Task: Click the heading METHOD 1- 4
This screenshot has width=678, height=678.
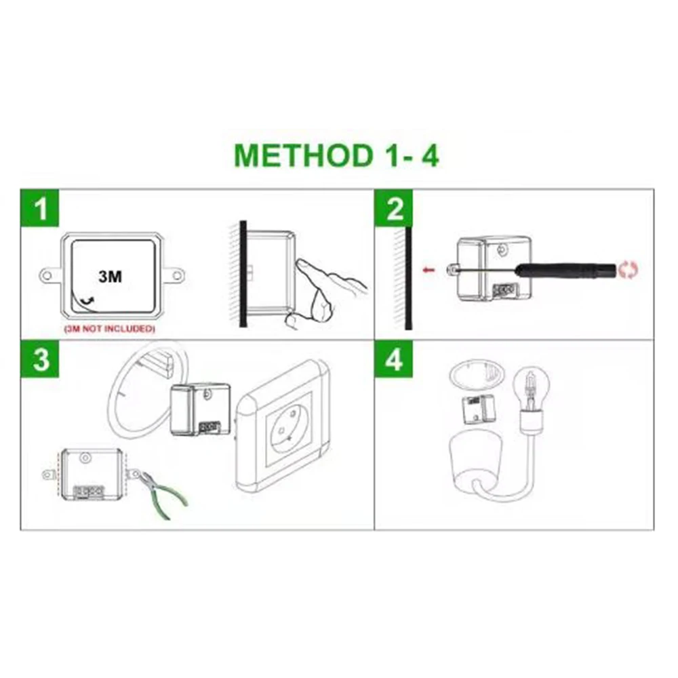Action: point(336,155)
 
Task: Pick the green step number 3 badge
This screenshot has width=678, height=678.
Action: point(41,360)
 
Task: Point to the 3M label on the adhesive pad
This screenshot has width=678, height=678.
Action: point(111,276)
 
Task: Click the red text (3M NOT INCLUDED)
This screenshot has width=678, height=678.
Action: point(110,329)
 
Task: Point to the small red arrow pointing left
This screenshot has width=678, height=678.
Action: point(428,271)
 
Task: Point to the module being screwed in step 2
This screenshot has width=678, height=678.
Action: point(492,268)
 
